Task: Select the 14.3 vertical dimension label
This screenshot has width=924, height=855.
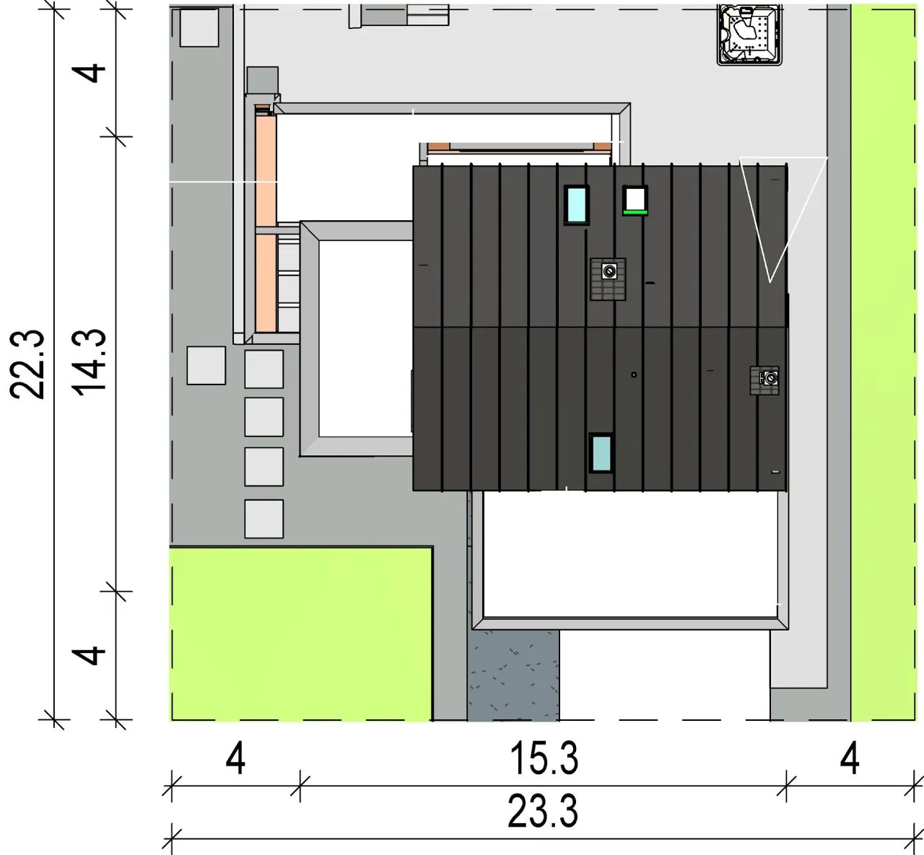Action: pyautogui.click(x=89, y=363)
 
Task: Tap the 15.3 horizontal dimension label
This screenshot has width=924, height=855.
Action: pyautogui.click(x=544, y=758)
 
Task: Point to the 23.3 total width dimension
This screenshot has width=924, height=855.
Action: pyautogui.click(x=543, y=812)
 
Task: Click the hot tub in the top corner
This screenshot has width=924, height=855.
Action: pyautogui.click(x=749, y=35)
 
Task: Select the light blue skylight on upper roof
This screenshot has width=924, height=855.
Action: pyautogui.click(x=577, y=205)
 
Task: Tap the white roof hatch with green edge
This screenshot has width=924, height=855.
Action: pyautogui.click(x=635, y=201)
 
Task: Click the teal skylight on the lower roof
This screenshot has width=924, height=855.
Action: pyautogui.click(x=601, y=453)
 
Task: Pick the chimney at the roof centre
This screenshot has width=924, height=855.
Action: pyautogui.click(x=608, y=279)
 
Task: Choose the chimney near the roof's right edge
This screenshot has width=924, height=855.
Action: pyautogui.click(x=764, y=380)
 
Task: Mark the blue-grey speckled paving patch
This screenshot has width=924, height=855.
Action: pyautogui.click(x=514, y=675)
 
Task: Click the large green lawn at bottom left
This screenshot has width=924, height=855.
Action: pyautogui.click(x=301, y=634)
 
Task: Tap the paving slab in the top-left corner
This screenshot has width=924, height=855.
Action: pyautogui.click(x=199, y=27)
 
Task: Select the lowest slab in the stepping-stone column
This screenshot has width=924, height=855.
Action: pyautogui.click(x=263, y=519)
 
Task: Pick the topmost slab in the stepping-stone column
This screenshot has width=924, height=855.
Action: pyautogui.click(x=263, y=369)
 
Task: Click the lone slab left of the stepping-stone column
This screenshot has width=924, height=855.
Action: pyautogui.click(x=206, y=365)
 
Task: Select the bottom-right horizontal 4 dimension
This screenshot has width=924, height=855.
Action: pyautogui.click(x=850, y=759)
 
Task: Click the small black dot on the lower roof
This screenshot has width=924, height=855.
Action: pyautogui.click(x=634, y=374)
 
